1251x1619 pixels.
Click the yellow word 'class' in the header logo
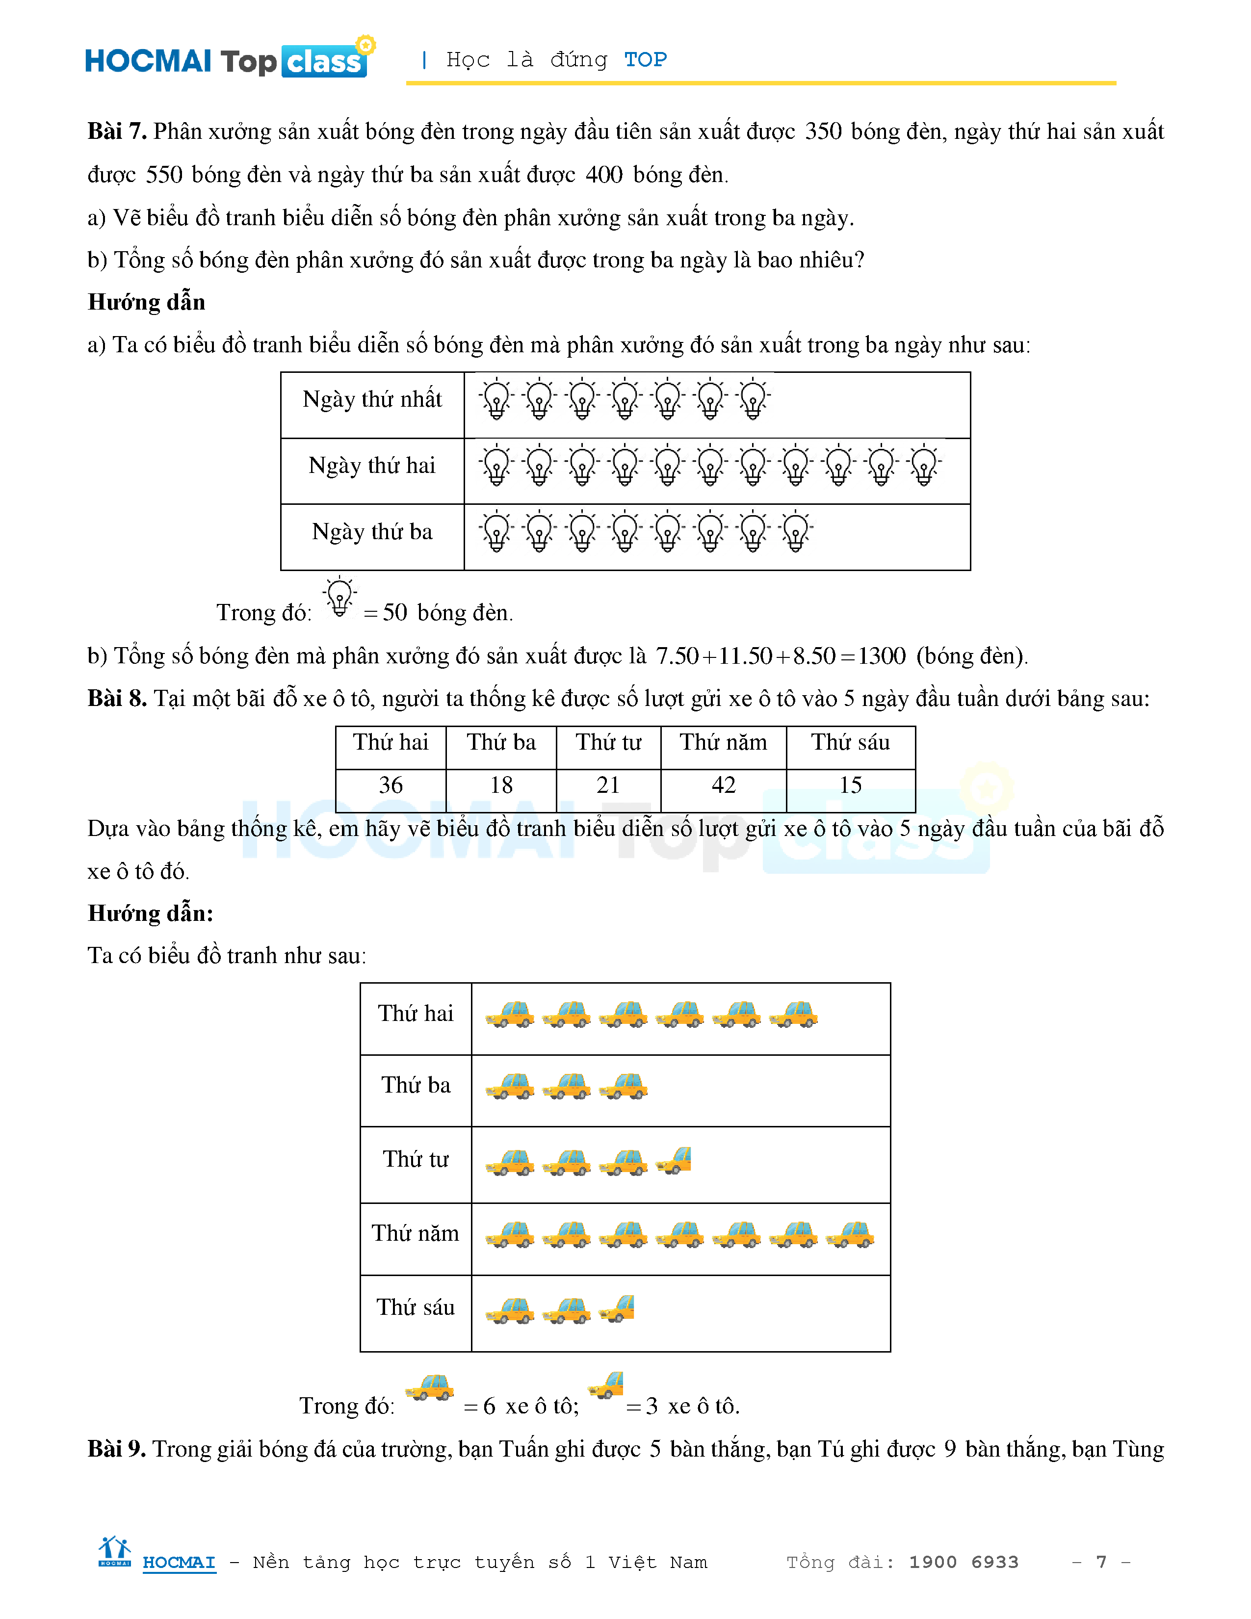point(324,62)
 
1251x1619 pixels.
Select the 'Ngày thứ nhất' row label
point(372,399)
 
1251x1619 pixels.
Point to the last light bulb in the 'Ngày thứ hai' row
point(924,466)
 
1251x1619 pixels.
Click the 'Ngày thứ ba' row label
point(372,531)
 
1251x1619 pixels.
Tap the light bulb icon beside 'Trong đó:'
point(339,597)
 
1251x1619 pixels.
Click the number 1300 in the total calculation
point(881,655)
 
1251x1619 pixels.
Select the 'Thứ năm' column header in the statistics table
point(723,742)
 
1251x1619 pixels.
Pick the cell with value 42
point(723,785)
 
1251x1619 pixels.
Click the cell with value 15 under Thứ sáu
point(850,785)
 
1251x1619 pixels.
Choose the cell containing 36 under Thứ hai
point(391,785)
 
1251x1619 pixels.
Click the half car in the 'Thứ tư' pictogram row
point(675,1161)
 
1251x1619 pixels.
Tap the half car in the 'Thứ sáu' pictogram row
point(617,1308)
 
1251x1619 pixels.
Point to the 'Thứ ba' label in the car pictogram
point(416,1085)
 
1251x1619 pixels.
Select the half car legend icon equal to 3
point(606,1385)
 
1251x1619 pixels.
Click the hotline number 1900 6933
point(964,1562)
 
